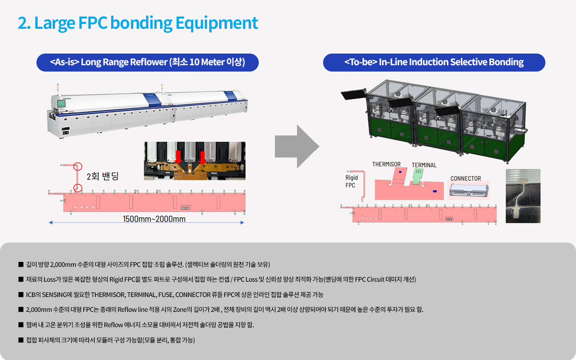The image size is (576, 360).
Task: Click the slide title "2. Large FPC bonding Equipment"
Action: click(x=138, y=23)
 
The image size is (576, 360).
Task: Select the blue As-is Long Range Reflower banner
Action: click(x=148, y=63)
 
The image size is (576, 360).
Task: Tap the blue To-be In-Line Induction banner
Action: click(x=434, y=63)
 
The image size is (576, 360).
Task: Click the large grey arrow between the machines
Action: click(x=297, y=147)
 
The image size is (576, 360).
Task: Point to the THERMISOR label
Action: click(x=386, y=164)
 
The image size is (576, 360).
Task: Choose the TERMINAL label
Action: click(x=424, y=165)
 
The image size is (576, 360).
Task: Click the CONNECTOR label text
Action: click(x=465, y=179)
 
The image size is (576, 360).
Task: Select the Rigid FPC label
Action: click(x=351, y=181)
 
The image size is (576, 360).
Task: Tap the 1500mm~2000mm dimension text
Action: click(x=154, y=219)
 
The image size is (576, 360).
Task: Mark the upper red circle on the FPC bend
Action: click(x=78, y=166)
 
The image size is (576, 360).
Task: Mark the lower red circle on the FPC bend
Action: click(x=77, y=187)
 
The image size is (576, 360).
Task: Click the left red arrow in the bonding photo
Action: click(x=178, y=157)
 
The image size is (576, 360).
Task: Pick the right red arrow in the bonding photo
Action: click(x=202, y=157)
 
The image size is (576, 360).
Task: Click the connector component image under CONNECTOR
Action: click(x=468, y=191)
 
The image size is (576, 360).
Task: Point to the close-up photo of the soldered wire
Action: click(x=523, y=196)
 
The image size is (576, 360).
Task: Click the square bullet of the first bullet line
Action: click(x=21, y=264)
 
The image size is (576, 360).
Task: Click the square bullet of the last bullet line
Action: click(x=21, y=340)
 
